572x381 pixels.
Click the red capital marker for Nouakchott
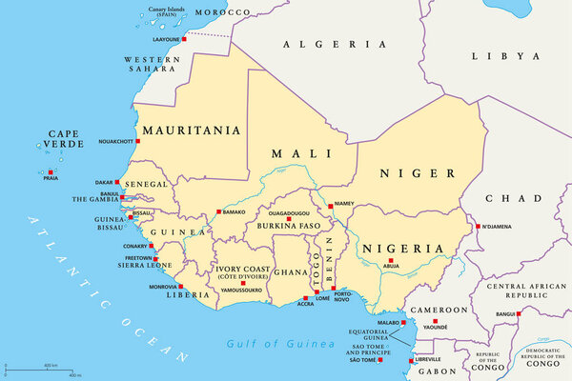point(137,141)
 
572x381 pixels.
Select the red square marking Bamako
point(218,211)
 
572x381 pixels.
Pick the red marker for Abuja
point(390,260)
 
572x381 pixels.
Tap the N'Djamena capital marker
point(478,226)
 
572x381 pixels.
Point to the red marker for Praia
point(50,172)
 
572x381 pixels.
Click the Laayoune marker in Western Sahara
point(185,40)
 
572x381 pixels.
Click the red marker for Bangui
point(519,311)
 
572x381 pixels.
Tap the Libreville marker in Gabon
point(412,359)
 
